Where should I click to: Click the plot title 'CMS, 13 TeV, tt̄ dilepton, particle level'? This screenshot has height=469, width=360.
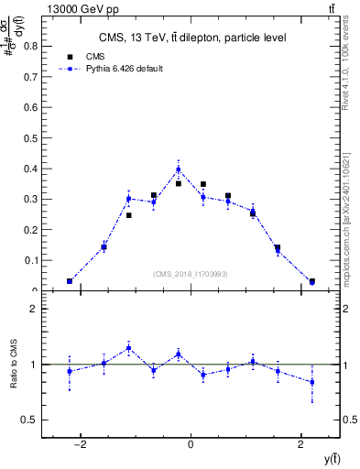[x=192, y=38]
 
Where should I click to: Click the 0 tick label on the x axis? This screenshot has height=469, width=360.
[x=191, y=444]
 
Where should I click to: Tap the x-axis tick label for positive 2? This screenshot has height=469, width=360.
[x=300, y=444]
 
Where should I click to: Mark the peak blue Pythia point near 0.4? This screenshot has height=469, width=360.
[x=179, y=169]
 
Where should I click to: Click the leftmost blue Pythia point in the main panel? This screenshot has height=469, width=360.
[x=70, y=281]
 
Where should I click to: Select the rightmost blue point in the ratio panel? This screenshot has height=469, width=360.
[x=312, y=382]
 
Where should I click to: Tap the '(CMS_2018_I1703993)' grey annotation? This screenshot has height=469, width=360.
[x=191, y=274]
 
